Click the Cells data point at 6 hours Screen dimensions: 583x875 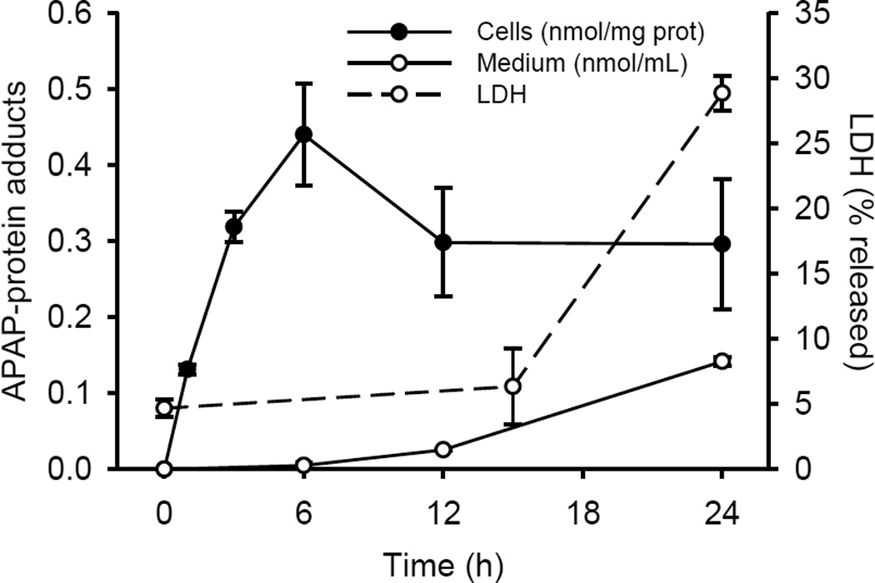point(303,134)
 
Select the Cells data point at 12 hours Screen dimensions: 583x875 point(443,242)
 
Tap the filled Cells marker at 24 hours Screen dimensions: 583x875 point(722,244)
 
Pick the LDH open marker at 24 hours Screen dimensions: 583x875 point(722,92)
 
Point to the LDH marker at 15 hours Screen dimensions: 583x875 point(513,386)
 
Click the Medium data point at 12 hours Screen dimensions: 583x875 point(443,450)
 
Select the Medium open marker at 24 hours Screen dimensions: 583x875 point(722,361)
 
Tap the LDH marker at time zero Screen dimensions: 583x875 point(164,408)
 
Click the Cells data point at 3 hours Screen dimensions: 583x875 point(234,227)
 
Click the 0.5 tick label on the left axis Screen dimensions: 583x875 point(75,89)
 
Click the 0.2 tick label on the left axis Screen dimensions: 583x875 point(75,317)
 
